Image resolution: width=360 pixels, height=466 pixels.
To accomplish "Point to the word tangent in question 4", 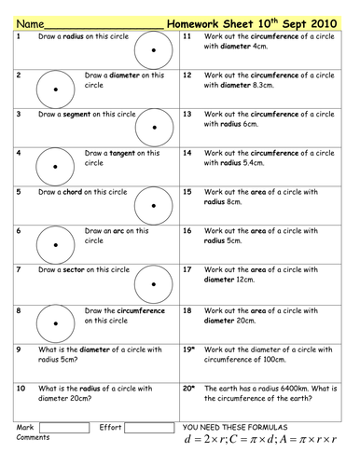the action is coord(113,152).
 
